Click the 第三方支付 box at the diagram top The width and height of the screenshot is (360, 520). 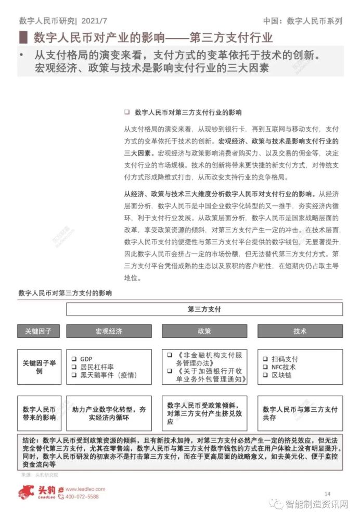(204, 309)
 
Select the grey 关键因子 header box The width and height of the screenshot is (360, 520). (39, 331)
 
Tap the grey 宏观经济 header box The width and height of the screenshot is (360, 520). (109, 331)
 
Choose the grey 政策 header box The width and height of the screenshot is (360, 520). (204, 331)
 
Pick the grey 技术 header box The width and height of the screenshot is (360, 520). (300, 331)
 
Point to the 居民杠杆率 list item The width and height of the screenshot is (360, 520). (96, 367)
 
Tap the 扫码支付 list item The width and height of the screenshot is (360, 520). (284, 359)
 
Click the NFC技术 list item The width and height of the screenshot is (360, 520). (284, 367)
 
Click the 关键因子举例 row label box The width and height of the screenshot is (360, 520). (39, 367)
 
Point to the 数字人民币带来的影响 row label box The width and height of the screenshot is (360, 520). (39, 413)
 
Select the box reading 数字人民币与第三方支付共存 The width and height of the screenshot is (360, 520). (300, 413)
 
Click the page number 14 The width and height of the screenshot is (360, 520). (327, 493)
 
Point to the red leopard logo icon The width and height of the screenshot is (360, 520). (29, 492)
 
